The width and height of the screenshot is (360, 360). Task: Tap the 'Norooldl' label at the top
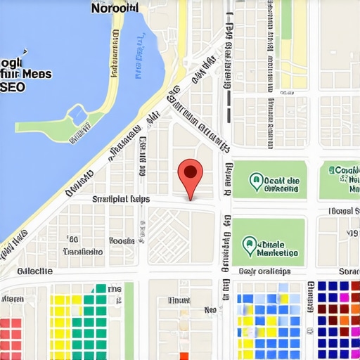[115, 8]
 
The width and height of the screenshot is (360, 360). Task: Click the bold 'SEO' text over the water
[13, 87]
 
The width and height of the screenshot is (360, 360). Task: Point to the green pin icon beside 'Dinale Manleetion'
[247, 245]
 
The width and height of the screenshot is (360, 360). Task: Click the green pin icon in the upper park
[257, 182]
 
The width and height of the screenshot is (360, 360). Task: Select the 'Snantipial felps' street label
[120, 200]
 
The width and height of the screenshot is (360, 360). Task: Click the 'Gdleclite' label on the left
[34, 271]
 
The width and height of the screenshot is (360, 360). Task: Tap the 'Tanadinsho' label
[83, 252]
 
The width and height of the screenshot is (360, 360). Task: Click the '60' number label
[72, 239]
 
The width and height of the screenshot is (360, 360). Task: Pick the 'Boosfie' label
[121, 240]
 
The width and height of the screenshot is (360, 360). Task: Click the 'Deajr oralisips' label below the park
[264, 271]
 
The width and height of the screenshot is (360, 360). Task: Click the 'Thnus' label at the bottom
[179, 300]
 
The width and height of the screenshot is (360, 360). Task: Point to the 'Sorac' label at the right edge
[349, 271]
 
